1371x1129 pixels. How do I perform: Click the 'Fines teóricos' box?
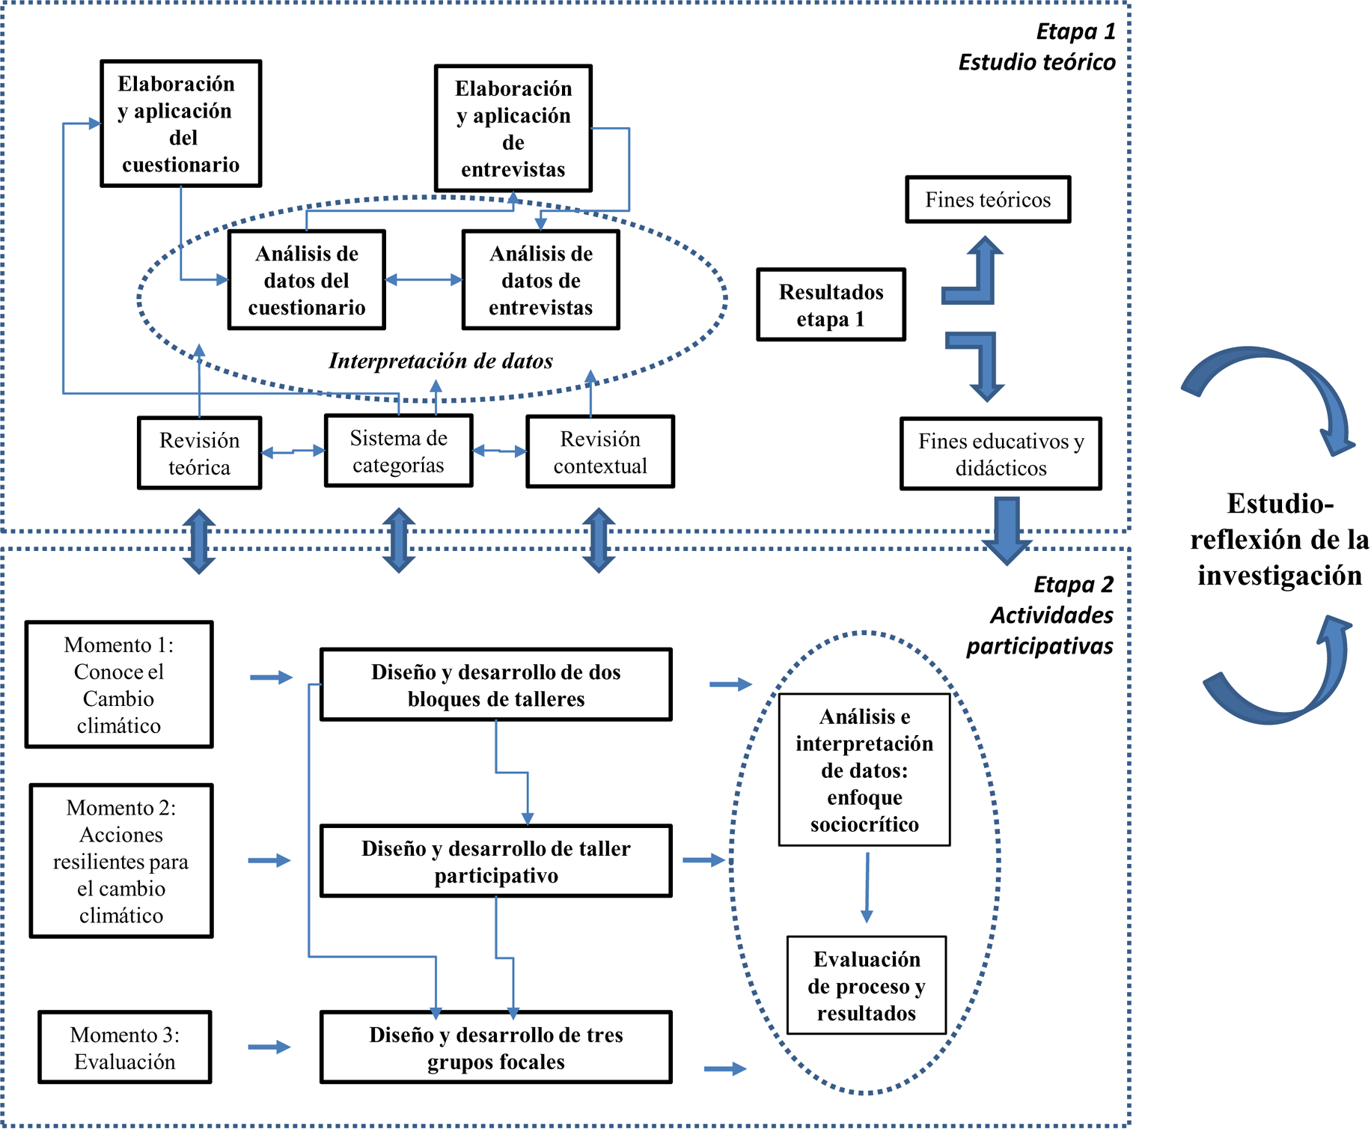(x=987, y=200)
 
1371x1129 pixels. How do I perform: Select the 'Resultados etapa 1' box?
(x=831, y=305)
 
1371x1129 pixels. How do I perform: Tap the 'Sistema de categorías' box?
(x=398, y=451)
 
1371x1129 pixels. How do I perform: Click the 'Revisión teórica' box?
(x=199, y=453)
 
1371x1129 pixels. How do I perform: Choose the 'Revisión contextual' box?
(x=600, y=452)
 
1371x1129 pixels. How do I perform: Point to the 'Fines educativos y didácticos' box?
(x=1001, y=454)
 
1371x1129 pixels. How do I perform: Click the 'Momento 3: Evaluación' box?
(x=125, y=1047)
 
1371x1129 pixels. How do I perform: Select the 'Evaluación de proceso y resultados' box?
(x=867, y=985)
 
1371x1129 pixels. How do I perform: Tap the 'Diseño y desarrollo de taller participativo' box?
(x=495, y=861)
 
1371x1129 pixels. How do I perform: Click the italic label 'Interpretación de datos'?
(x=441, y=361)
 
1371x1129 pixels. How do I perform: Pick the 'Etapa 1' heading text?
(x=1075, y=31)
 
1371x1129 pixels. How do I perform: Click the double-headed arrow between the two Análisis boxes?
(x=424, y=280)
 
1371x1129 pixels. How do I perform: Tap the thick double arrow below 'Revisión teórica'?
(x=199, y=541)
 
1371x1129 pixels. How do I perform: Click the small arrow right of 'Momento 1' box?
(x=271, y=678)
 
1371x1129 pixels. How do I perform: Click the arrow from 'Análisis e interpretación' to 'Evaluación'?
(x=867, y=887)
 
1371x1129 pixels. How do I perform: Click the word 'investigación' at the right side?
(x=1279, y=575)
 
